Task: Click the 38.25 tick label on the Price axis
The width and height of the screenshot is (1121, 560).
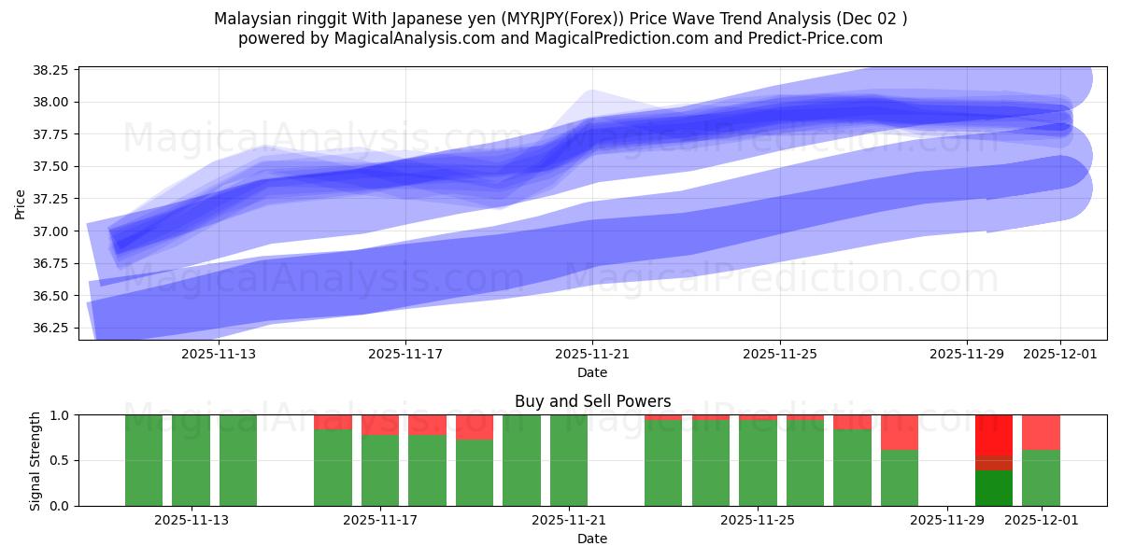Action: [50, 71]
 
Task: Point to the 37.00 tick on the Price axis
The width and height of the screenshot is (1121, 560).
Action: [50, 231]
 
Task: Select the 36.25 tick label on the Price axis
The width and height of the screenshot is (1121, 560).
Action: [50, 329]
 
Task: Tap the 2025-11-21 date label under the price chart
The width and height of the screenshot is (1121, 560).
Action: [592, 355]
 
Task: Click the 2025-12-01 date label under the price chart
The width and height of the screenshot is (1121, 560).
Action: [1059, 355]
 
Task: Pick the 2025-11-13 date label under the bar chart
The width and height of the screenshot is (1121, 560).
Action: [192, 521]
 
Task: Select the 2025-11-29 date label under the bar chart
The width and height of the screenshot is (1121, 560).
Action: [946, 521]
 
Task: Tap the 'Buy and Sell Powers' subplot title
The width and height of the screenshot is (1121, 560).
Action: [592, 401]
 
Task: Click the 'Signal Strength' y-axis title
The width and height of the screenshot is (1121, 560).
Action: [35, 460]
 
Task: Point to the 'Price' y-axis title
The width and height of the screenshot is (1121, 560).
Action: [21, 203]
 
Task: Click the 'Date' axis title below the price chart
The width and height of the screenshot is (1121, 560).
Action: [592, 372]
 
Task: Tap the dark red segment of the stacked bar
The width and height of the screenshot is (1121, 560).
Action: [994, 463]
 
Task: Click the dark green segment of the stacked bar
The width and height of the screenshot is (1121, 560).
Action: [994, 488]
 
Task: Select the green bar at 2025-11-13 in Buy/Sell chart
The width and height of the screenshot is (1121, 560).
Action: [191, 460]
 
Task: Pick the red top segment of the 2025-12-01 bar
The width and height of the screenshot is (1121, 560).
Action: [1041, 432]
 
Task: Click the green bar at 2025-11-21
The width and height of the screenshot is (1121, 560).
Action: [569, 460]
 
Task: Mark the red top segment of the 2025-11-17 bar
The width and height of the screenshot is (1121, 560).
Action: [380, 425]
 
